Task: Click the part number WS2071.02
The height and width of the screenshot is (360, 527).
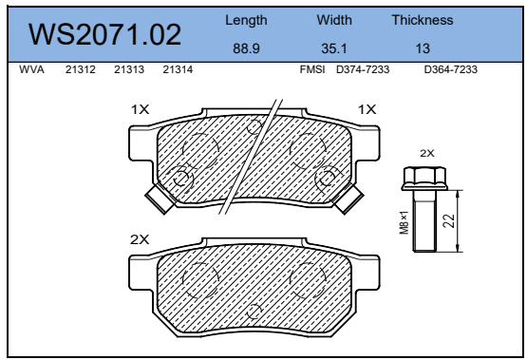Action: tap(104, 34)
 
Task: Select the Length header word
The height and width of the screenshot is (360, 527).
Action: tap(246, 21)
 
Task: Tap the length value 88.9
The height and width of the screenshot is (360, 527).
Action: tap(246, 48)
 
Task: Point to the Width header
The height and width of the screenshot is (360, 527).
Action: tap(334, 20)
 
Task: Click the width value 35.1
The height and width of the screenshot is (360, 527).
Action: tap(334, 48)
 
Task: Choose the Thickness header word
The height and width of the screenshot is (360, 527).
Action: tap(423, 20)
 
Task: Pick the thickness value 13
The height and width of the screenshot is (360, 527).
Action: tap(423, 48)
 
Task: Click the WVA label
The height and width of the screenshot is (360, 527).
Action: tap(31, 69)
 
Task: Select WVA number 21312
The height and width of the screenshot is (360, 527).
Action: tap(81, 69)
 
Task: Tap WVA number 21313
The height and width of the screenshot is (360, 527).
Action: tap(129, 69)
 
